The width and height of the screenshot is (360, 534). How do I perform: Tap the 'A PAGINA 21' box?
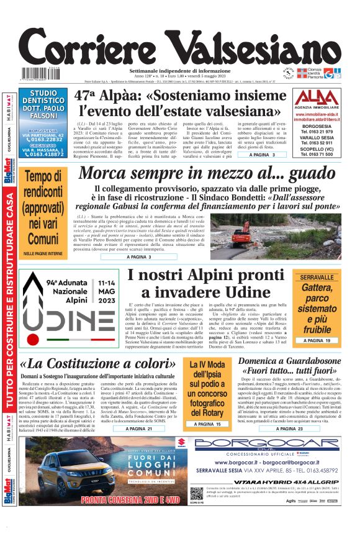tap(138, 428)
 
